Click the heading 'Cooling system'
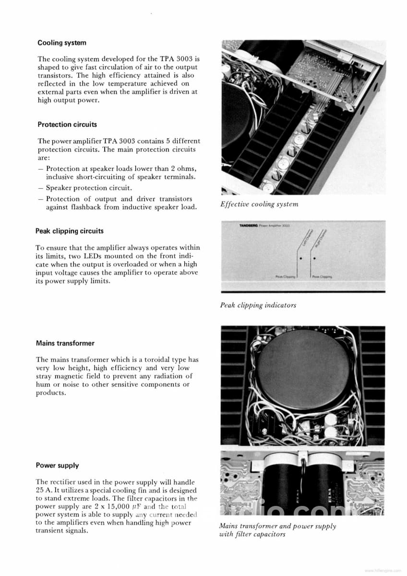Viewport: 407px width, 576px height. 62,43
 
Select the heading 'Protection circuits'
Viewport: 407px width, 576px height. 67,124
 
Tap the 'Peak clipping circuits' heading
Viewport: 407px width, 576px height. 70,231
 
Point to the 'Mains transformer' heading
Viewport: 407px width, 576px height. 65,343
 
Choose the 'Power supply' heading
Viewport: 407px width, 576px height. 58,465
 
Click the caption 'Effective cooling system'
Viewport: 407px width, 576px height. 259,204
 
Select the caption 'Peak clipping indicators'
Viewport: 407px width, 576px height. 258,305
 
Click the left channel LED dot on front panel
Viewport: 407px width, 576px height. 300,258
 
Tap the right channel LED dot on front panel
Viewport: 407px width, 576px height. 314,258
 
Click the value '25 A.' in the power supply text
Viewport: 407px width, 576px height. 44,490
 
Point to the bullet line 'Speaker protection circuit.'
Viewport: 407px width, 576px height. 89,188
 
